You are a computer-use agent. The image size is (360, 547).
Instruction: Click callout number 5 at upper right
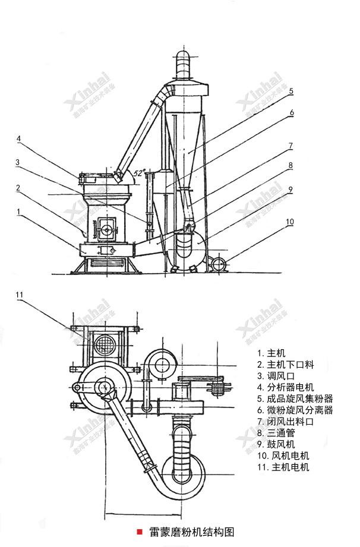[x=291, y=91]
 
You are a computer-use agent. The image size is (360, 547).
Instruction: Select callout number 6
[x=292, y=112]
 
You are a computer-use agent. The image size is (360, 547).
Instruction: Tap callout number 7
[x=291, y=144]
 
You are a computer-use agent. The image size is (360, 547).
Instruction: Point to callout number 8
[x=291, y=165]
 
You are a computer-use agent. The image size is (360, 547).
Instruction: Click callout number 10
[x=290, y=222]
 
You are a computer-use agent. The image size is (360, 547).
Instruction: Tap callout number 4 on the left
[x=19, y=140]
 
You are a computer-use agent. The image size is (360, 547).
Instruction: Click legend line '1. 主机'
[x=269, y=353]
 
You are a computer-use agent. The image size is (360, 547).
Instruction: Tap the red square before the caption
[x=140, y=531]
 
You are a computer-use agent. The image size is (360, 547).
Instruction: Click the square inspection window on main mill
[x=108, y=226]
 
